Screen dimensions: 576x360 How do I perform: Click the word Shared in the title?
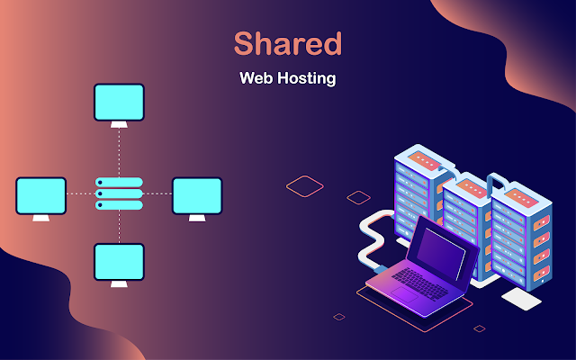pyautogui.click(x=288, y=43)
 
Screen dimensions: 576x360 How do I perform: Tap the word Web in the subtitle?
pyautogui.click(x=255, y=78)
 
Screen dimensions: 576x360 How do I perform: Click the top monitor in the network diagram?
pyautogui.click(x=119, y=102)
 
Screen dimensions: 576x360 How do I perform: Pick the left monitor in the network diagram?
pyautogui.click(x=40, y=195)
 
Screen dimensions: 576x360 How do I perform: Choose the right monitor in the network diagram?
pyautogui.click(x=197, y=195)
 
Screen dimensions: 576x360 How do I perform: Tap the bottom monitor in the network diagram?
pyautogui.click(x=119, y=261)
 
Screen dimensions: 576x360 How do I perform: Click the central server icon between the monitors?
pyautogui.click(x=119, y=193)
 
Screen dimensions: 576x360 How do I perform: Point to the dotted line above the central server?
pyautogui.click(x=119, y=153)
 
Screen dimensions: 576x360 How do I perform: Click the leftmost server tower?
pyautogui.click(x=418, y=193)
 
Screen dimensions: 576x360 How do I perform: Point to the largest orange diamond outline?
pyautogui.click(x=305, y=185)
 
